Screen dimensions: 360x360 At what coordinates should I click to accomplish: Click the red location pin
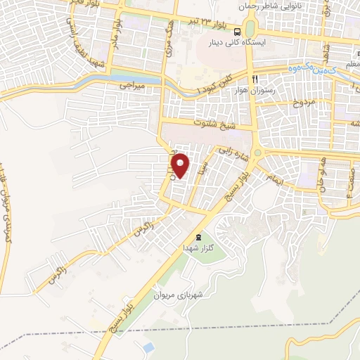click(181, 166)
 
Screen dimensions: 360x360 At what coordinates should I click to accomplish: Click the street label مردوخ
click(307, 103)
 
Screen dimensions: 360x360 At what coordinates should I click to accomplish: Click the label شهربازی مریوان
click(181, 295)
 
